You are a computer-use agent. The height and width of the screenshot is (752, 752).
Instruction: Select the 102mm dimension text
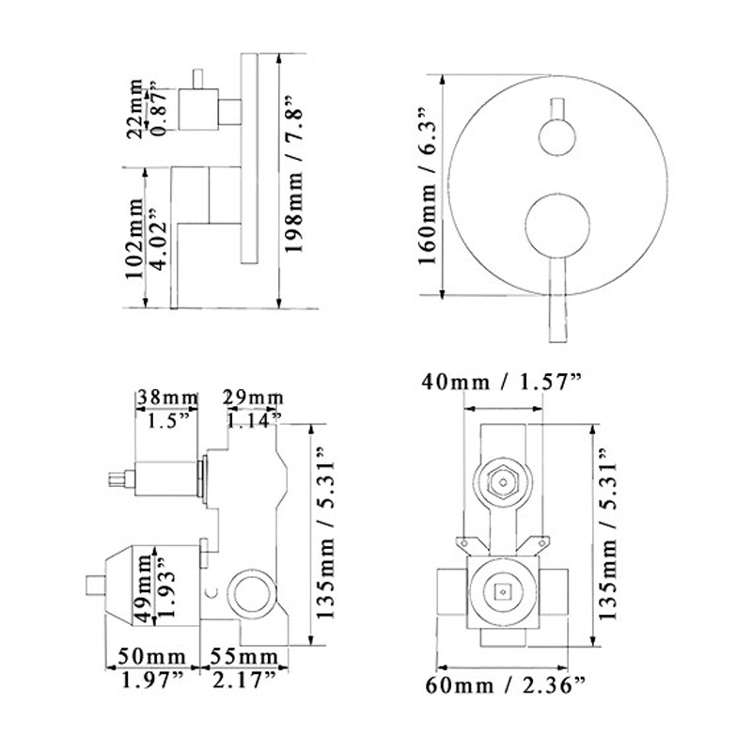[x=134, y=238]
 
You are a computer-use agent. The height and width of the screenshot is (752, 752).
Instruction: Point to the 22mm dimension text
[x=135, y=108]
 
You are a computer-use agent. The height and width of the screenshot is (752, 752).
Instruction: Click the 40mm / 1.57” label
[x=502, y=383]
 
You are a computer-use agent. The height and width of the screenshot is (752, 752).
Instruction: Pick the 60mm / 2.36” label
[x=506, y=685]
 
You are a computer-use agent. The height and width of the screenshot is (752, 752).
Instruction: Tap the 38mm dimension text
[x=167, y=398]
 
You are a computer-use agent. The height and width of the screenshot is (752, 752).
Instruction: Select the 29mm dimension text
[x=253, y=398]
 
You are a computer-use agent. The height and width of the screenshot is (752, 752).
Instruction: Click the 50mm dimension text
[x=152, y=656]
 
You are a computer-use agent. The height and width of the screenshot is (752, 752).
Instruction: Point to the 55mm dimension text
[x=244, y=656]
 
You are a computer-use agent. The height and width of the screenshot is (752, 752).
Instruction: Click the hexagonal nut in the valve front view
[x=503, y=482]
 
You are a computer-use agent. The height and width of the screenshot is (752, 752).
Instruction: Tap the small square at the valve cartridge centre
[x=503, y=592]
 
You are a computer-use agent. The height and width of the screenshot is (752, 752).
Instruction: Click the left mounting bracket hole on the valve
[x=463, y=543]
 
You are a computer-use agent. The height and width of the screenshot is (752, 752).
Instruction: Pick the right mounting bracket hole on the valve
[x=541, y=543]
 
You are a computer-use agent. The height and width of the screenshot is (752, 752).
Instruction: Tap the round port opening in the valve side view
[x=252, y=593]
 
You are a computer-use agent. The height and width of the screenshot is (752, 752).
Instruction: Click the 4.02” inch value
[x=160, y=239]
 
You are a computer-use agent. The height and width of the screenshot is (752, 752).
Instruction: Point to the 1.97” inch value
[x=152, y=680]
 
